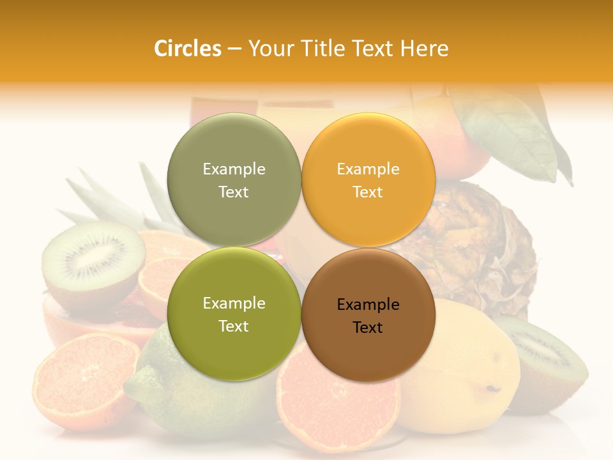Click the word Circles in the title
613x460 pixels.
[187, 49]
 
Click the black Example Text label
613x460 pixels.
[368, 316]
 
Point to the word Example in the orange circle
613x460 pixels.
[368, 169]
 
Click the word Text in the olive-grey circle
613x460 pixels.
[234, 192]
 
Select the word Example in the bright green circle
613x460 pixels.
[234, 303]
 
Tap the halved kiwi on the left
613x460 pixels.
[93, 262]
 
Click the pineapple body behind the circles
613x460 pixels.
[479, 243]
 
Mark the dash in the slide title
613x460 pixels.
[234, 49]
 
